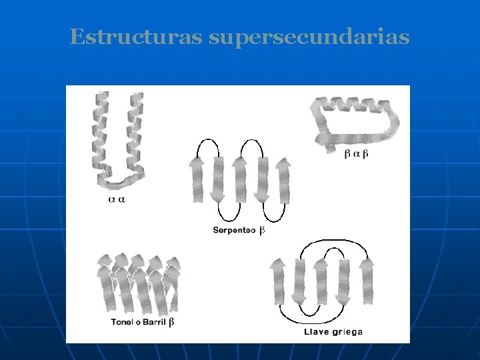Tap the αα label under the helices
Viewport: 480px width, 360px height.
[x=117, y=199]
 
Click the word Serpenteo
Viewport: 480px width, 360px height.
[x=233, y=231]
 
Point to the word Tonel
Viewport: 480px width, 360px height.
[x=123, y=323]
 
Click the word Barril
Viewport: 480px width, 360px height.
[x=154, y=323]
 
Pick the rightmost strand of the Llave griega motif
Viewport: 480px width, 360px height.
[x=366, y=280]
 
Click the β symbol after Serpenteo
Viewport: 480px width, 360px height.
[x=262, y=231]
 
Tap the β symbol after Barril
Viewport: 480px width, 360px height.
[x=171, y=323]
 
